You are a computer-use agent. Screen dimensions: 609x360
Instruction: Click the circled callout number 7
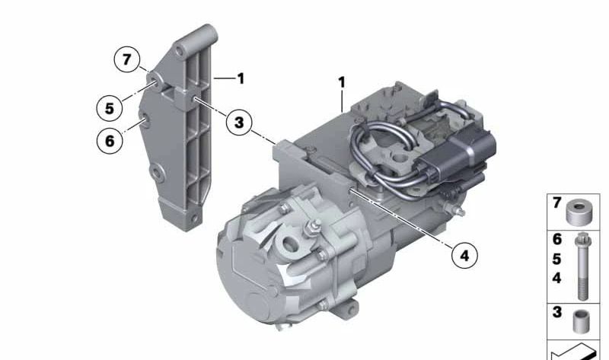click(x=126, y=60)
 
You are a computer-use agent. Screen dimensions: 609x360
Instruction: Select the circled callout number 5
click(x=110, y=108)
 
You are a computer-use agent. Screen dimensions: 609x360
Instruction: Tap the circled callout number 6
click(x=110, y=140)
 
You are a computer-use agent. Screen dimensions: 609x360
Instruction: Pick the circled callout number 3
click(x=239, y=123)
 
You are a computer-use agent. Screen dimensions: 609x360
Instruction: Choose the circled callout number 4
click(x=464, y=255)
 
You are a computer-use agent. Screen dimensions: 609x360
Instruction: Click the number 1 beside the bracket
click(x=241, y=78)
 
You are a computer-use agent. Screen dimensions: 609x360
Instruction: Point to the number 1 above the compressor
click(x=341, y=82)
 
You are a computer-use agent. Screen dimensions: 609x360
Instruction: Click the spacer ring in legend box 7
click(x=579, y=212)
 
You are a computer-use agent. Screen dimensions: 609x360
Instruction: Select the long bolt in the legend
click(x=582, y=266)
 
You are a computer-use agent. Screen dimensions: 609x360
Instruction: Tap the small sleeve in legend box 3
click(x=582, y=321)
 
